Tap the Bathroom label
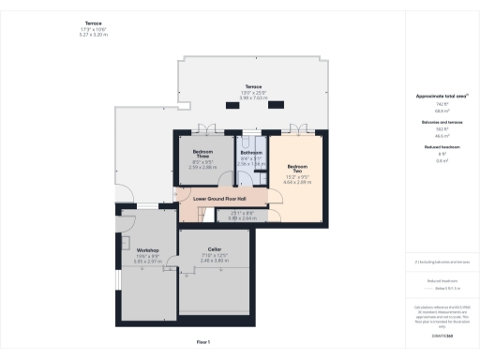click(250, 153)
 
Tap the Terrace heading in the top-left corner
click(93, 22)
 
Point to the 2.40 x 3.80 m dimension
click(214, 261)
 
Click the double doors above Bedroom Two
click(299, 129)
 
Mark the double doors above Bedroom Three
click(205, 129)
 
